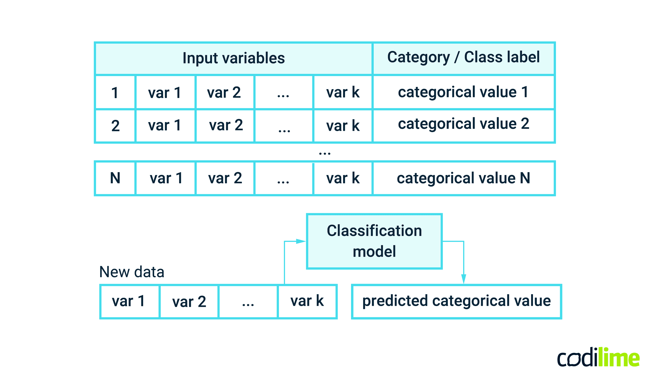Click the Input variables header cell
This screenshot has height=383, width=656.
[x=234, y=58]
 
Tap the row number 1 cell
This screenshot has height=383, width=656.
[x=115, y=93]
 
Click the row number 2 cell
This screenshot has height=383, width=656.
[x=115, y=126]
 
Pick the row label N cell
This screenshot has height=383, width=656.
[x=115, y=178]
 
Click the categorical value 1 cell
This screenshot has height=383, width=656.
[x=463, y=92]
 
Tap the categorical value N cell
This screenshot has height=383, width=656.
[x=463, y=178]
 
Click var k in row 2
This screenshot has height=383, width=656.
[x=343, y=126]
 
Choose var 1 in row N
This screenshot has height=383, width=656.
[x=166, y=178]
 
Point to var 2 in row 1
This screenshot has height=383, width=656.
[x=224, y=93]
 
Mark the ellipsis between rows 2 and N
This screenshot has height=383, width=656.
[x=324, y=153]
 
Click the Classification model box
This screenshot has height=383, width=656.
[x=374, y=241]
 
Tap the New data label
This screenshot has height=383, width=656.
[x=132, y=272]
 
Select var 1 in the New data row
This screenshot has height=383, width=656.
[x=129, y=301]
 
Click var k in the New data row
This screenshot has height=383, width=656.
[x=307, y=301]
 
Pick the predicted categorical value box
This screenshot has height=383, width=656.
[x=456, y=301]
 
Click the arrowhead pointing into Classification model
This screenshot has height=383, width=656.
[x=301, y=241]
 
